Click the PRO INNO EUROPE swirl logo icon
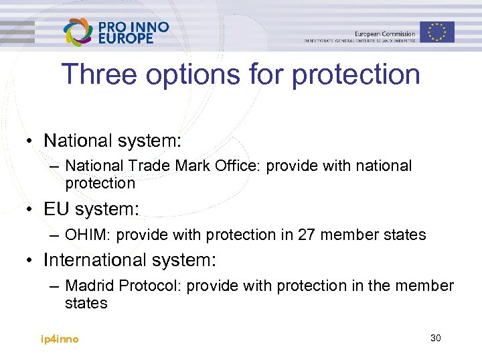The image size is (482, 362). (x=78, y=32)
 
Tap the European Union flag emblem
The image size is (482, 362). (x=437, y=32)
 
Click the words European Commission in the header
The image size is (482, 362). (x=385, y=34)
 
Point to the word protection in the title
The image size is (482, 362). (x=355, y=76)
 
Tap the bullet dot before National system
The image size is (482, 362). (x=30, y=141)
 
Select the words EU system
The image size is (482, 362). (x=91, y=209)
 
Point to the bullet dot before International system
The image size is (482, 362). (x=30, y=260)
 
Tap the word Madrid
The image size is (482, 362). (x=90, y=286)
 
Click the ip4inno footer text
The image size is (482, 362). (x=60, y=339)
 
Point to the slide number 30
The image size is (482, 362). (x=435, y=338)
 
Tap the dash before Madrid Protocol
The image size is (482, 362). (x=55, y=286)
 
